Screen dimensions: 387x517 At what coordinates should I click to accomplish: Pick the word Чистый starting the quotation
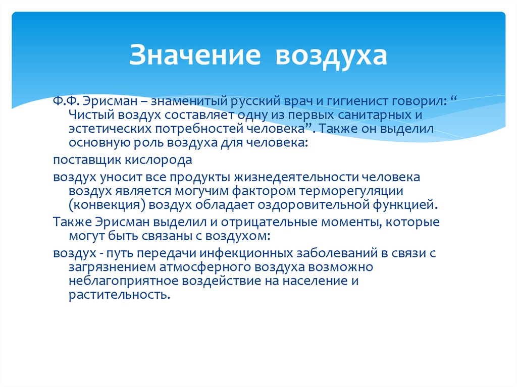[x=89, y=115]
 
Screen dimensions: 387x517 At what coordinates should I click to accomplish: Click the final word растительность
[x=119, y=295]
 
